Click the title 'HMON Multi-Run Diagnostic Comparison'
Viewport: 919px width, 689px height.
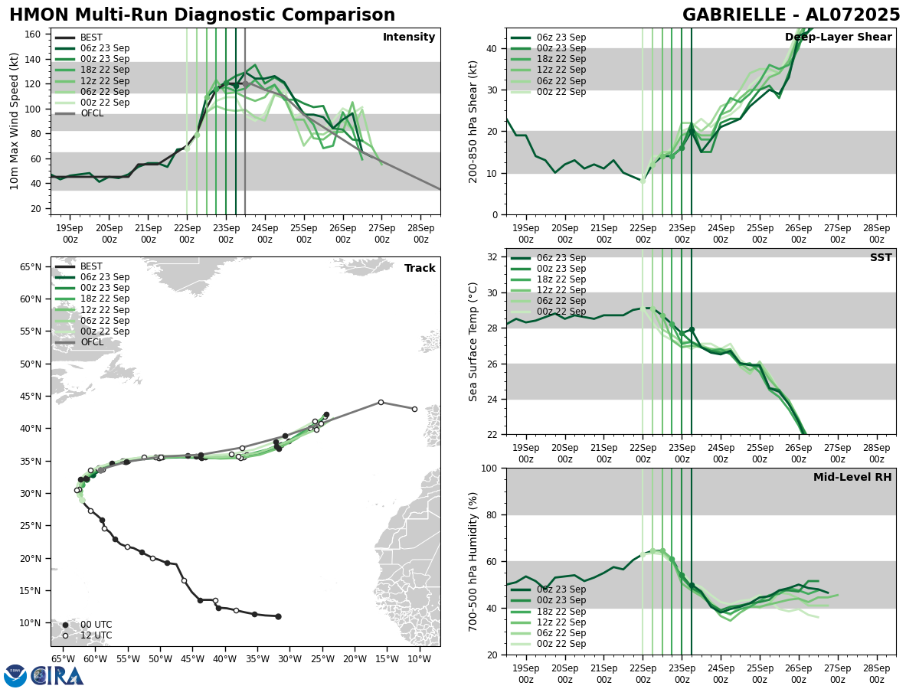pos(202,15)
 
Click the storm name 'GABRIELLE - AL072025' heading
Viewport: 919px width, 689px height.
pos(791,15)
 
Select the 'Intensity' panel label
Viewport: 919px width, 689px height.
pos(408,38)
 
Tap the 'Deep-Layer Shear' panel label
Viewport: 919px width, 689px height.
pos(838,38)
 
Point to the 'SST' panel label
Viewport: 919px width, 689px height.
pos(881,258)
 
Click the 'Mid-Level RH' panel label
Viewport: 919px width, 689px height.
pos(852,478)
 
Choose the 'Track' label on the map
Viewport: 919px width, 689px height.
pos(420,269)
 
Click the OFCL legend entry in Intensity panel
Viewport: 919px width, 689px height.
pos(91,113)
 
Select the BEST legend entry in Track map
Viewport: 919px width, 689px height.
pos(91,266)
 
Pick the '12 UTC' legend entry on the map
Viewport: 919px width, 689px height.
pos(96,635)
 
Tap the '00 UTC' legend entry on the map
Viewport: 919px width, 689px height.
pos(96,625)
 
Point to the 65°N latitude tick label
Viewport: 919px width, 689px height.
pos(31,267)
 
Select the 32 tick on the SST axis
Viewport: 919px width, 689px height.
pos(493,257)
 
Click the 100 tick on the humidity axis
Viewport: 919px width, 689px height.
pos(490,469)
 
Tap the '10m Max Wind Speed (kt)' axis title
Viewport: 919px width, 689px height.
pos(15,121)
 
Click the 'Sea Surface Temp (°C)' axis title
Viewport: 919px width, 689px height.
pos(473,341)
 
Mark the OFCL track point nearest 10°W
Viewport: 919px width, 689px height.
pos(414,409)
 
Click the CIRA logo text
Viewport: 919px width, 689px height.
pos(58,676)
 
